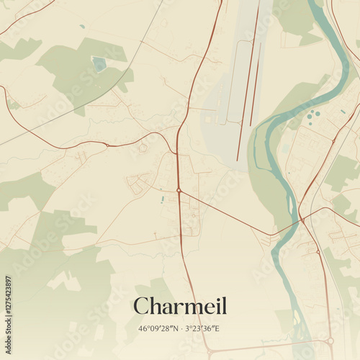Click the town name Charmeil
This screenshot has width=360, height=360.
coord(180,306)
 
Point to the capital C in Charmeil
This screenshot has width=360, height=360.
coord(143,306)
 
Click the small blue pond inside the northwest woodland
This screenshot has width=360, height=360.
coord(99,65)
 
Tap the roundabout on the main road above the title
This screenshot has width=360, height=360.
coord(179,190)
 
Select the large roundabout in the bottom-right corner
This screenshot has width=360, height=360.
coord(330,341)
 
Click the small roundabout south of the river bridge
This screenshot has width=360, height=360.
coord(318,252)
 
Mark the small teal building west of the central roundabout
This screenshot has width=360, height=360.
coord(162,199)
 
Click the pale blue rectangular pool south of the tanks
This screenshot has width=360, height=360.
coord(286,150)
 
